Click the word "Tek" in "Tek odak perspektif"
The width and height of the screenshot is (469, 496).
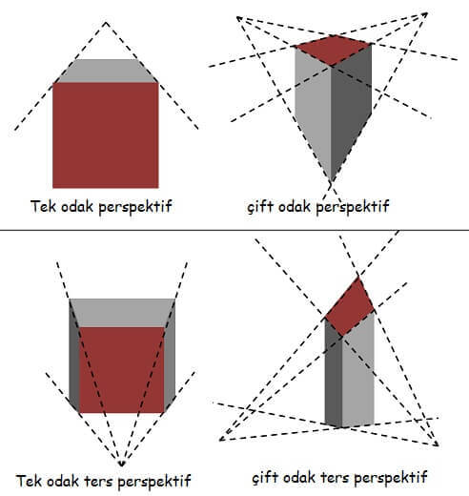[44, 206]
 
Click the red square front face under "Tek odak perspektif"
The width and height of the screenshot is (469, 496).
[106, 135]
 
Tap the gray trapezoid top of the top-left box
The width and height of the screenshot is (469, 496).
[107, 71]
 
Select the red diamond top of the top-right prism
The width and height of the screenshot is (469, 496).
[333, 51]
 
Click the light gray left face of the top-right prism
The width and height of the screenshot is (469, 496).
[313, 108]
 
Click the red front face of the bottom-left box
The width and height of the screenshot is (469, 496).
[122, 370]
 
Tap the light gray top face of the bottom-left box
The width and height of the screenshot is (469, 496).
[122, 313]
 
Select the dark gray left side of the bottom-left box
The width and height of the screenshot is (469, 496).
[74, 356]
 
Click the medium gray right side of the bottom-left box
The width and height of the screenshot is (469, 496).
[170, 356]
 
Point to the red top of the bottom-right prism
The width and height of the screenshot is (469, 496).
[350, 307]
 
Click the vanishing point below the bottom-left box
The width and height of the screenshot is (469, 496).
[121, 464]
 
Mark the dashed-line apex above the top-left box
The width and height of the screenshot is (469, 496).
[106, 22]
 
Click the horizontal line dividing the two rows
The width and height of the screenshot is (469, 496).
[234, 230]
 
